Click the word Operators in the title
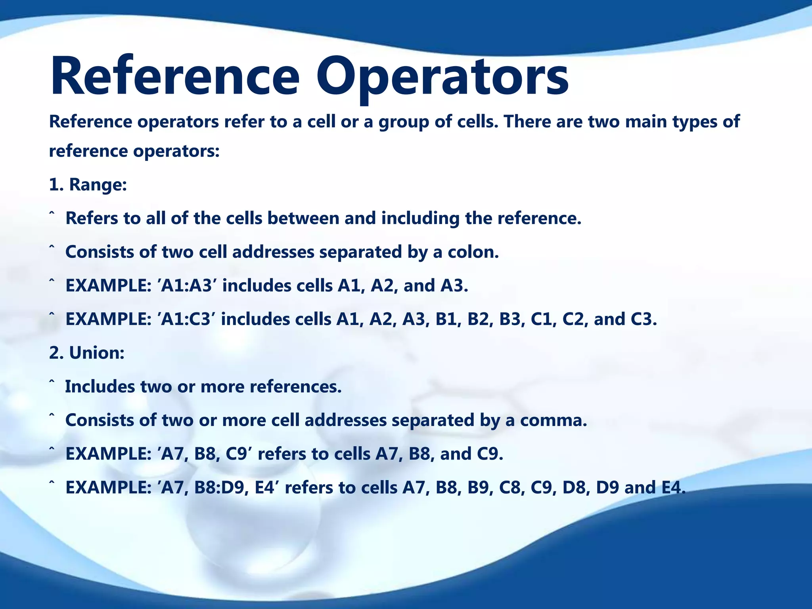pyautogui.click(x=442, y=77)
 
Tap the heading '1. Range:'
pyautogui.click(x=88, y=184)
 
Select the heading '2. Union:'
pyautogui.click(x=87, y=352)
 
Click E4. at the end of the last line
pyautogui.click(x=674, y=487)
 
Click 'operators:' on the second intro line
pyautogui.click(x=176, y=151)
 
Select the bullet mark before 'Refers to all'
pyautogui.click(x=52, y=214)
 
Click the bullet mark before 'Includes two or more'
pyautogui.click(x=52, y=383)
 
